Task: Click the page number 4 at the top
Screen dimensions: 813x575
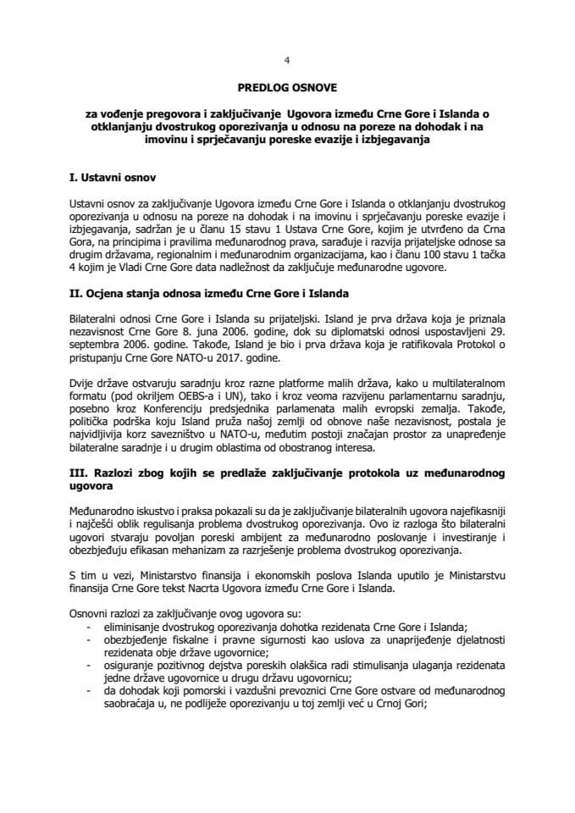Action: [x=287, y=60]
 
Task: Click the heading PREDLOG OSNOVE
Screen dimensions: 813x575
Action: [x=287, y=87]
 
